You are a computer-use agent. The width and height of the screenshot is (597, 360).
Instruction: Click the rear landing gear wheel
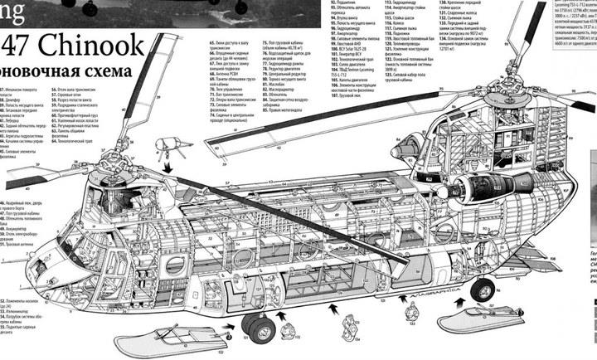point(482,289)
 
